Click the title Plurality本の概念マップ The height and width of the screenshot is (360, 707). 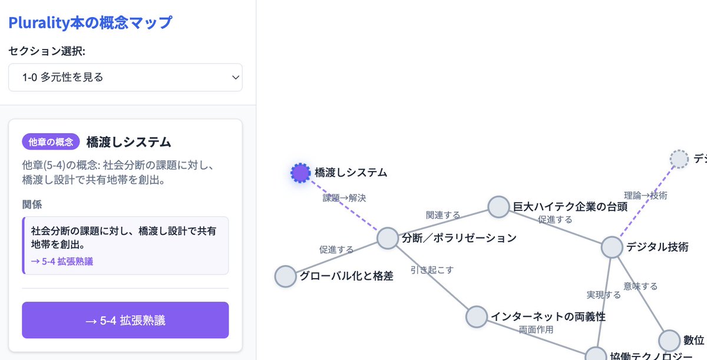(x=90, y=23)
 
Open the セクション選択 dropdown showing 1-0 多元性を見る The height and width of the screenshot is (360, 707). (x=125, y=77)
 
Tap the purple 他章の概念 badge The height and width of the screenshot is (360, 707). (x=50, y=141)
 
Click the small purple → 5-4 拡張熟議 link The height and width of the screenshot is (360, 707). (x=62, y=261)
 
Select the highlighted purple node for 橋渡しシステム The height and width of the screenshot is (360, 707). (x=300, y=173)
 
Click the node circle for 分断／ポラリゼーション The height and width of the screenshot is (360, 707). (x=388, y=238)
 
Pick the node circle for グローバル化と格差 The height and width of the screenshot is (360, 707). (x=285, y=276)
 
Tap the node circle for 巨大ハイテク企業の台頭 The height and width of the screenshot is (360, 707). (x=498, y=207)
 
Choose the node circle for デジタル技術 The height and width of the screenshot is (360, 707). (x=612, y=247)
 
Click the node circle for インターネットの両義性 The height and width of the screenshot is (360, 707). (x=477, y=316)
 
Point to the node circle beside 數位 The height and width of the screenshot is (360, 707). (x=669, y=341)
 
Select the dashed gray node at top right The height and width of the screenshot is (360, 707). (x=679, y=159)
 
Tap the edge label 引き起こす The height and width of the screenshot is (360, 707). (x=432, y=270)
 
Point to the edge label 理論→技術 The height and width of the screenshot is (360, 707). (x=646, y=195)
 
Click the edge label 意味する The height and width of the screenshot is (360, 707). (x=640, y=286)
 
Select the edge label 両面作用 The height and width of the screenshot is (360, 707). (x=536, y=329)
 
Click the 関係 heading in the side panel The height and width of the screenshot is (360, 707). (x=32, y=204)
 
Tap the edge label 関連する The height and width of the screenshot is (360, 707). (x=443, y=215)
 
